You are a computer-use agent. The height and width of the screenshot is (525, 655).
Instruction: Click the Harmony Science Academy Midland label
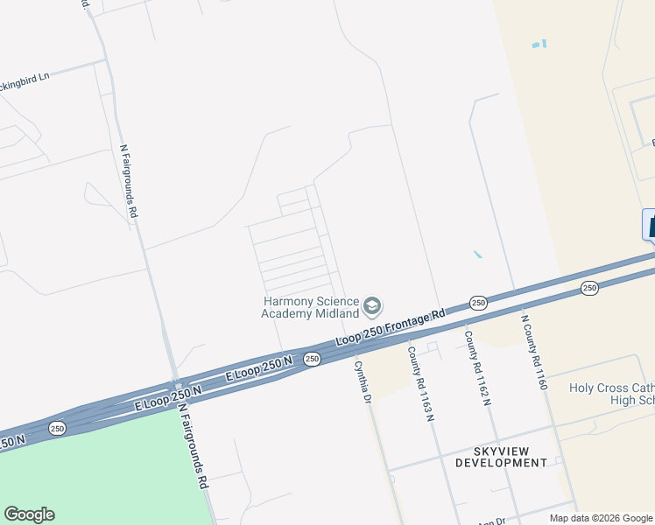point(311,307)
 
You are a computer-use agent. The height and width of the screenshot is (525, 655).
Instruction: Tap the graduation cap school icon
point(372,306)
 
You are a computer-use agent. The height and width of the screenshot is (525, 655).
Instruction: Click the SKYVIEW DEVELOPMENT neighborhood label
point(501,456)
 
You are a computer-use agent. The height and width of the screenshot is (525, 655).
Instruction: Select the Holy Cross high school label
point(611,394)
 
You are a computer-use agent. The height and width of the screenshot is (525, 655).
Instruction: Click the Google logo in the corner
point(29,514)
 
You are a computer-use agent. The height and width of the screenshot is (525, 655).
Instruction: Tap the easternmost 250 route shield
point(589,288)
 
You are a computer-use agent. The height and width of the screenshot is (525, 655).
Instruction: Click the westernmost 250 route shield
point(57,428)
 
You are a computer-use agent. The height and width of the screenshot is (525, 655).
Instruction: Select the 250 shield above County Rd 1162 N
point(478,303)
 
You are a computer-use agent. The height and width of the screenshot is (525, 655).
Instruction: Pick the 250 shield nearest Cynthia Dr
point(312,359)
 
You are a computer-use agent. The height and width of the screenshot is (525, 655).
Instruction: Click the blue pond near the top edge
point(539,43)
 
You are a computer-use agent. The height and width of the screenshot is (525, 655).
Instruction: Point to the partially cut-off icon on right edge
point(649,225)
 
